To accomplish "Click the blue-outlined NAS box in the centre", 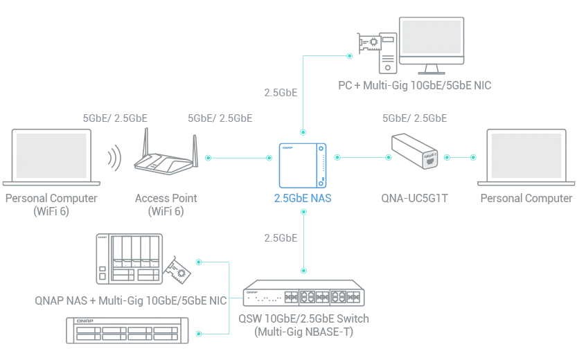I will coord(302,163).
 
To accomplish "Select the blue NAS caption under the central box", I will coord(302,199).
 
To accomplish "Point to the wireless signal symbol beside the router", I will coord(114,156).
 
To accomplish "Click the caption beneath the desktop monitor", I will coord(416,87).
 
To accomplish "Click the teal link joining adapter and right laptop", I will coord(460,157).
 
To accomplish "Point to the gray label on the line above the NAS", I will coord(280,93).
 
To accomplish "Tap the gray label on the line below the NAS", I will coord(280,238).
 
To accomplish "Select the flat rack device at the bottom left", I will coord(127,330).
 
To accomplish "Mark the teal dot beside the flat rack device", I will coord(199,334).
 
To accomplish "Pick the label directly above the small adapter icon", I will coord(415,116).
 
